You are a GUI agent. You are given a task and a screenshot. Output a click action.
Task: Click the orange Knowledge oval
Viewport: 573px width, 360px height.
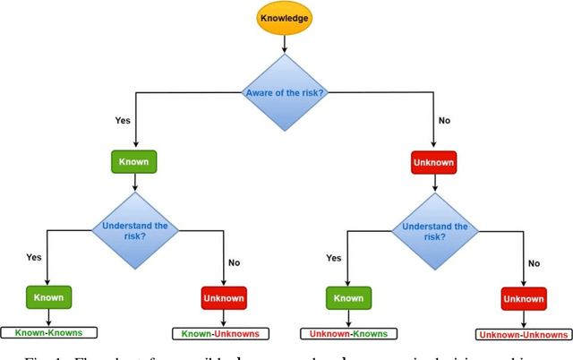pos(286,17)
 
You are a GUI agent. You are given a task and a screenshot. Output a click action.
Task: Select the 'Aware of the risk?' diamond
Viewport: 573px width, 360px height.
pos(286,91)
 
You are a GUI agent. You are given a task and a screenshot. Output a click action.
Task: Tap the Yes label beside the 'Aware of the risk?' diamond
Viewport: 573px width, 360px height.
pos(123,119)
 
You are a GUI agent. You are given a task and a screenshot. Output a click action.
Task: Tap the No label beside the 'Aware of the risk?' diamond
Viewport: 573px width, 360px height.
pos(444,119)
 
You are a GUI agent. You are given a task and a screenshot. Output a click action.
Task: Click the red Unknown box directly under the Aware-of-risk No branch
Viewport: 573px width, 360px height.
pos(433,162)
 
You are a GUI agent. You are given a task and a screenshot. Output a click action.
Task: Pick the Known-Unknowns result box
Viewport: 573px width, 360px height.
pos(220,333)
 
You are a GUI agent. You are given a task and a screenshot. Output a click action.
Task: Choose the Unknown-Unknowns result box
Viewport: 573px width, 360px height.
pos(524,334)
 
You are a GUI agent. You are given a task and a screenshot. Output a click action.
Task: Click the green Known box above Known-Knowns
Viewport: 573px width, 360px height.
pos(46,296)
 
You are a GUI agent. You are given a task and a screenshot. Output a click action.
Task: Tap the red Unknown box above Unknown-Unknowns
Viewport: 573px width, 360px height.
pos(524,297)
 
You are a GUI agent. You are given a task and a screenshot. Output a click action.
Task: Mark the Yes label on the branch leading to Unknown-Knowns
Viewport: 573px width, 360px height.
pos(333,257)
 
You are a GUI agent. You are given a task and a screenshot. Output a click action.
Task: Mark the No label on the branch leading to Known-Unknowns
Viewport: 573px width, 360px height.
pos(234,263)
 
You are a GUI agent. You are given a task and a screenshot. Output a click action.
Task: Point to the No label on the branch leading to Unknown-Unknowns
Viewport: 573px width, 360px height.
pos(535,263)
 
